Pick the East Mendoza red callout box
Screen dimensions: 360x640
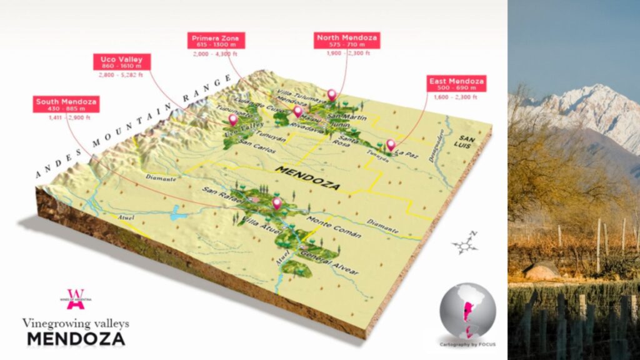(456, 84)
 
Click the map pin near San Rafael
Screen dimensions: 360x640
(276, 202)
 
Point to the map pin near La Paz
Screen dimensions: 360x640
(391, 145)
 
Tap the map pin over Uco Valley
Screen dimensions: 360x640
(233, 119)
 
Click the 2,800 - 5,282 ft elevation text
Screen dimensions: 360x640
(121, 75)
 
